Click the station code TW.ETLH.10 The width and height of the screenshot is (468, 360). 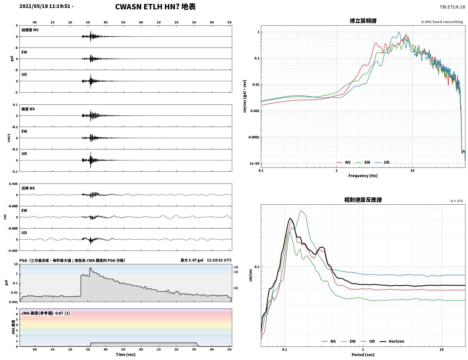[x=452, y=7]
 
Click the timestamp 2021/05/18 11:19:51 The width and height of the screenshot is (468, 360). [x=45, y=6]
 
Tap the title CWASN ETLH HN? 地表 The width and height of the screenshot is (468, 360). [x=155, y=7]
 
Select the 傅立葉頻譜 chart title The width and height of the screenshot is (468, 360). [x=363, y=21]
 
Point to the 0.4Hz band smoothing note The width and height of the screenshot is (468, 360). [x=442, y=22]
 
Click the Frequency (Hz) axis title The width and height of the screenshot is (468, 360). [x=363, y=176]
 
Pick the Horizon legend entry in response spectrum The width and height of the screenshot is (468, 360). [x=392, y=341]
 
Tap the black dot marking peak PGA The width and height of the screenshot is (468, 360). [x=91, y=268]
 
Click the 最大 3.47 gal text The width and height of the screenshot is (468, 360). [x=192, y=260]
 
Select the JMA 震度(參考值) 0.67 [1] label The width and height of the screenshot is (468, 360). [x=45, y=313]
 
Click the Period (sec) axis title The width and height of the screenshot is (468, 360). [x=363, y=355]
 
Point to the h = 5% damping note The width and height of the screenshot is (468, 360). [x=457, y=201]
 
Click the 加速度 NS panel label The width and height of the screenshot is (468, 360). [x=30, y=30]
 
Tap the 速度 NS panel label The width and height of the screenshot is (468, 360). [x=28, y=109]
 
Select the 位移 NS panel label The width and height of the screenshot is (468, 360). [x=28, y=188]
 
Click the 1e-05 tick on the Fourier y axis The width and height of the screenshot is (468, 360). [x=254, y=164]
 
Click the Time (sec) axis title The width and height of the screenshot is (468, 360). [x=126, y=354]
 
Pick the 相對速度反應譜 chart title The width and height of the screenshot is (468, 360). [x=363, y=200]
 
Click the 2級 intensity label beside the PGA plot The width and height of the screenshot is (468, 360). [x=236, y=267]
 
